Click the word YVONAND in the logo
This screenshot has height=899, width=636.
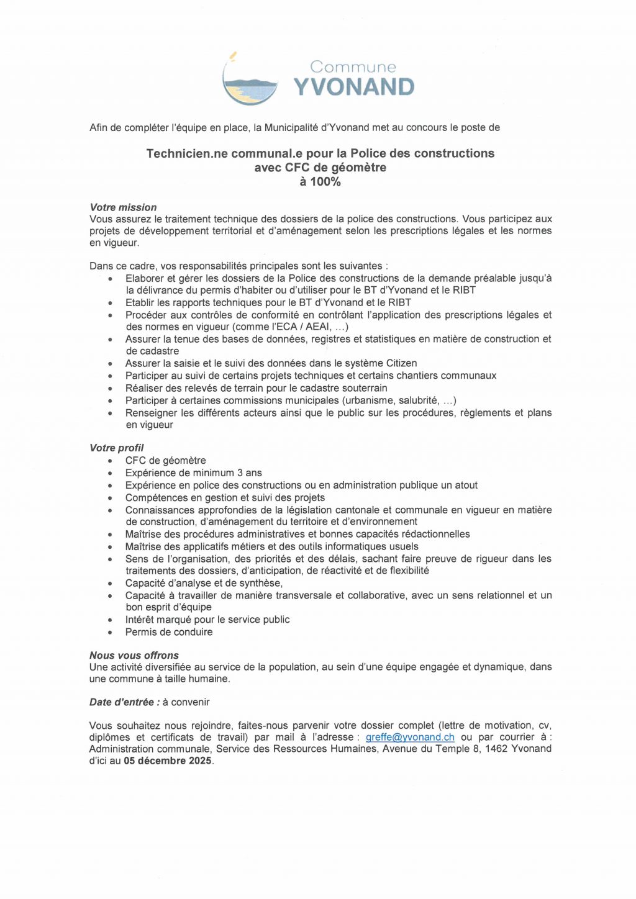[353, 88]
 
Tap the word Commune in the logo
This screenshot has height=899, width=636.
[352, 67]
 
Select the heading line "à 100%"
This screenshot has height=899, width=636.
[320, 182]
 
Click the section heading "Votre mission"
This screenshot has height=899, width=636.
[123, 207]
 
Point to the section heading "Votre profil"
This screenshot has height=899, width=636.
[116, 448]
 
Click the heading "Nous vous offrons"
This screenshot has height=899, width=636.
[134, 655]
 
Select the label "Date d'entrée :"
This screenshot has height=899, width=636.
[124, 702]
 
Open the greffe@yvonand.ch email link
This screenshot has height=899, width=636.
[410, 737]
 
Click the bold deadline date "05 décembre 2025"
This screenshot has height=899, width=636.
[168, 761]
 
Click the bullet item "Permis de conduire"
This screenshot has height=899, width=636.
[169, 632]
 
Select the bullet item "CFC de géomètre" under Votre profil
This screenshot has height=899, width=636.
[165, 461]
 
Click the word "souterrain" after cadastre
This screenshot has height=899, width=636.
[362, 388]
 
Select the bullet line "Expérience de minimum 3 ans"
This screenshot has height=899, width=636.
[193, 473]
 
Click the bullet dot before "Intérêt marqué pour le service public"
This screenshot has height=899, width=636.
[111, 620]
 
